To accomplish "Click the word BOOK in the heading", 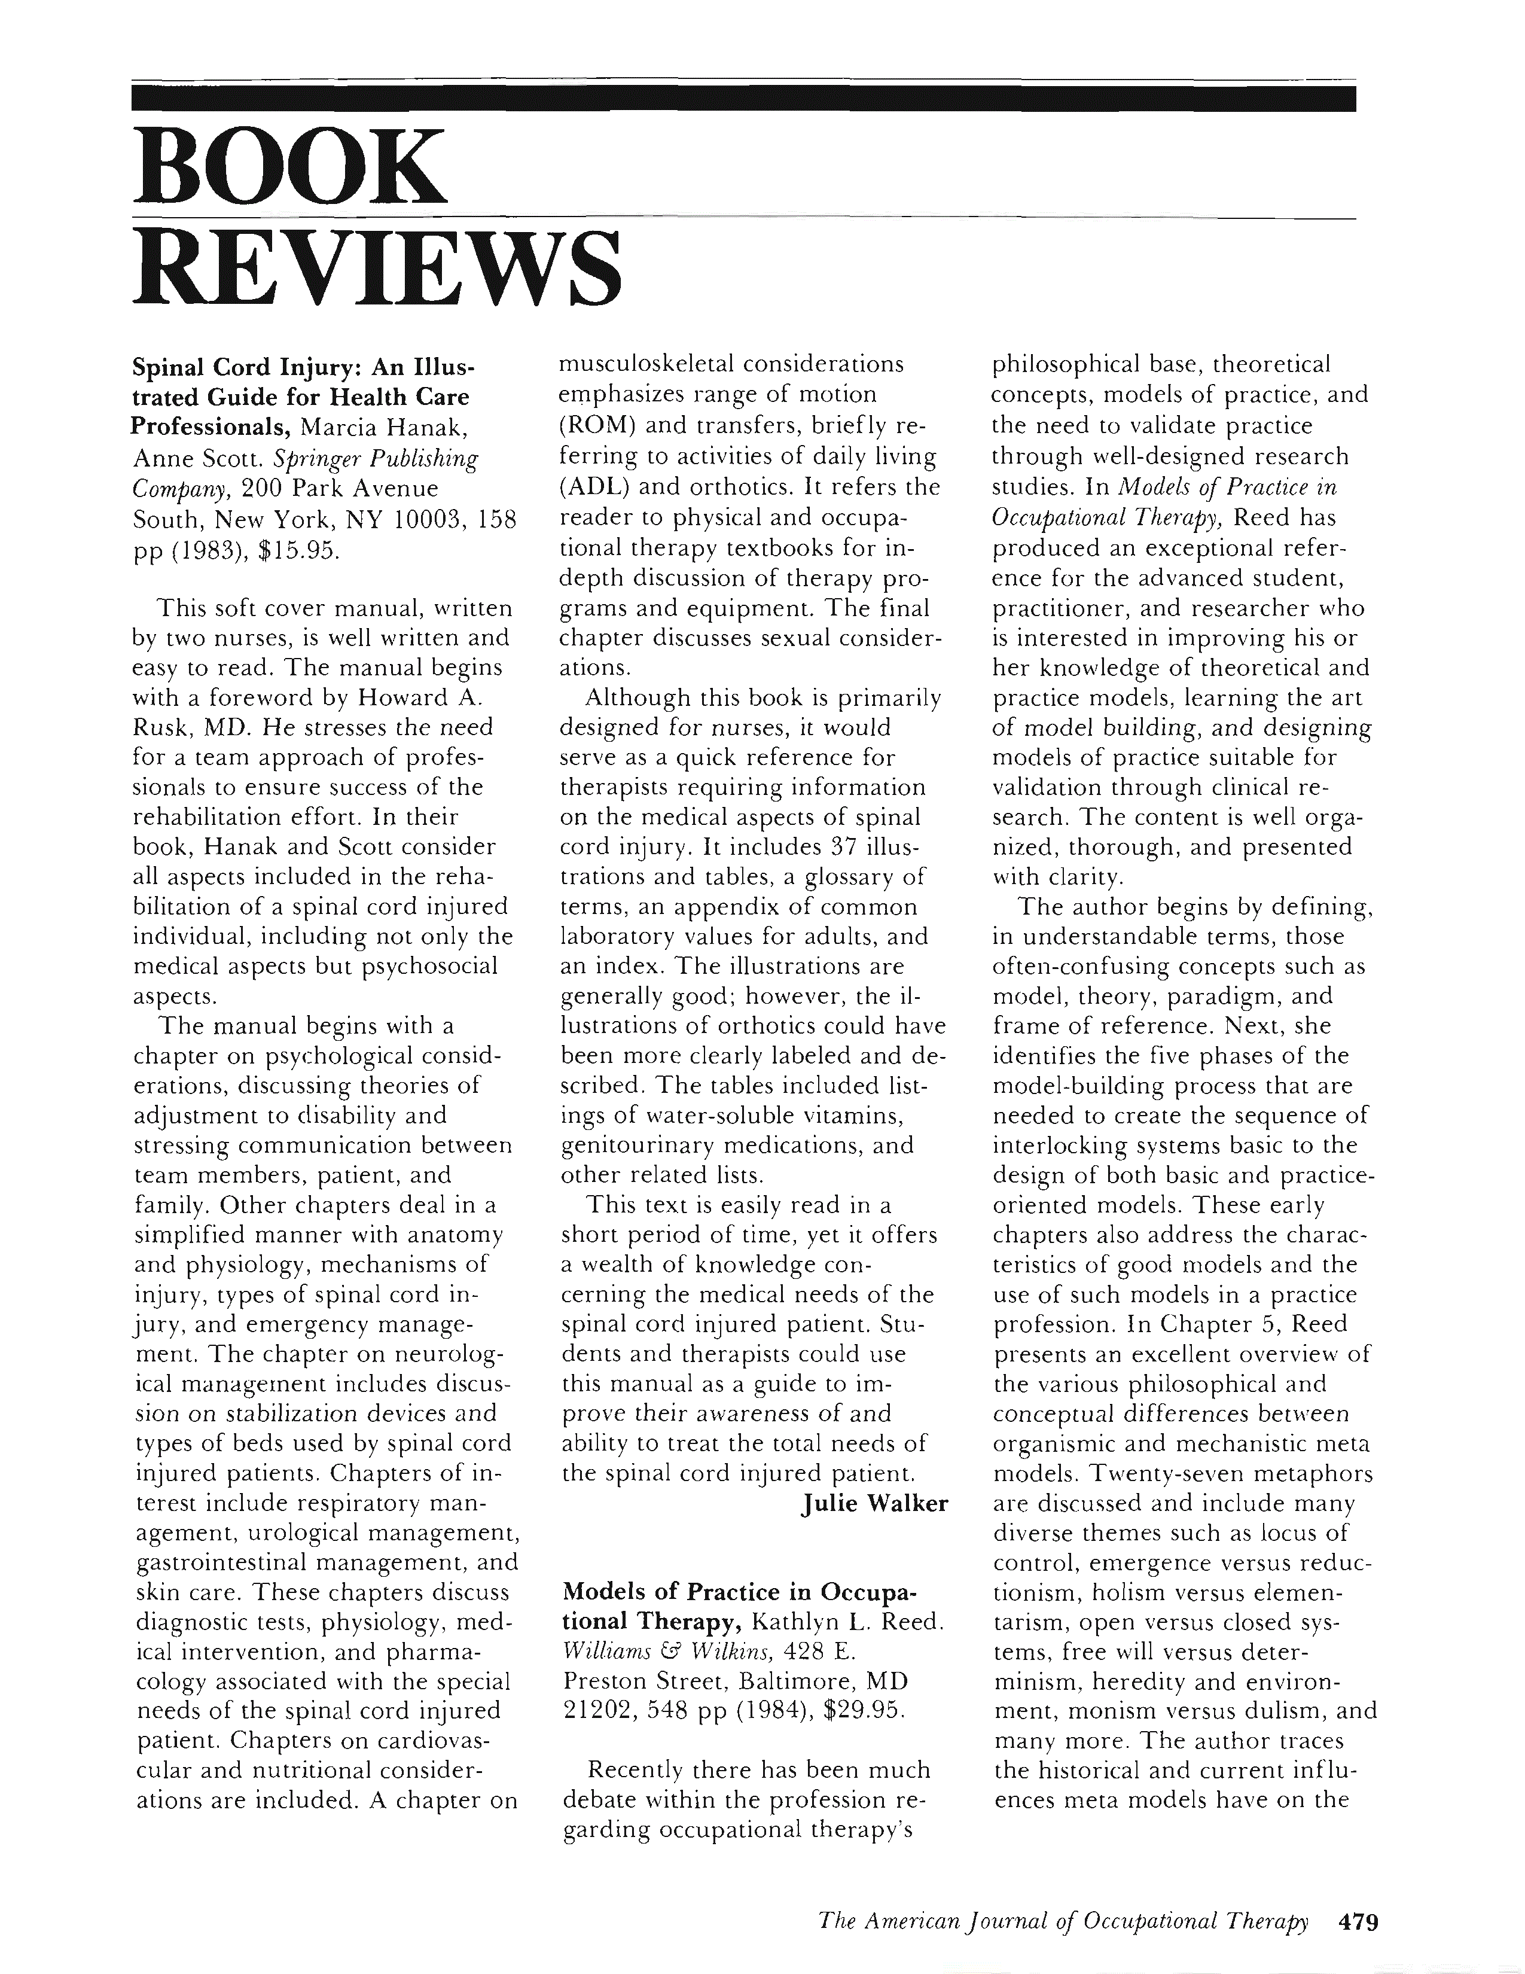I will coord(289,167).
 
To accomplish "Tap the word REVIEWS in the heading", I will coord(377,269).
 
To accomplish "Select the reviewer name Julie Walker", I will coord(874,1503).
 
